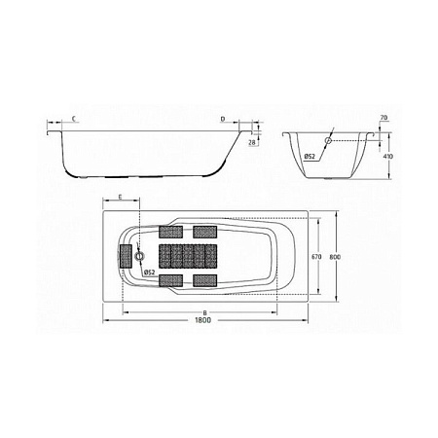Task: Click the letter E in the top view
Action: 120,197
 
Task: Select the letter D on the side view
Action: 222,120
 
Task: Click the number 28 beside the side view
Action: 252,143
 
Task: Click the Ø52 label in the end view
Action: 308,156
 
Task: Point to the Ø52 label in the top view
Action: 150,273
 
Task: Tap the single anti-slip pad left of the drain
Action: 126,257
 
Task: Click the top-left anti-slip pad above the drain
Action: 169,232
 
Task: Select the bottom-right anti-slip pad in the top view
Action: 204,280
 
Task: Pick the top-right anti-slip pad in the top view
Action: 204,232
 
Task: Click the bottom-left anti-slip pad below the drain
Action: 169,280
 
